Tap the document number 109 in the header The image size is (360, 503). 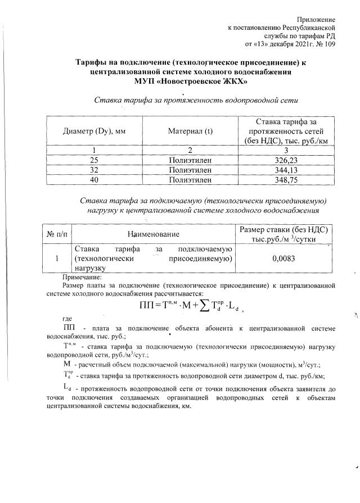(330, 43)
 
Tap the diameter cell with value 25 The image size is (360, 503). (94, 160)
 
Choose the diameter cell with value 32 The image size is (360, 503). (94, 170)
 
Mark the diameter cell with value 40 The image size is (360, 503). (94, 180)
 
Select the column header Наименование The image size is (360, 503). (154, 234)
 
